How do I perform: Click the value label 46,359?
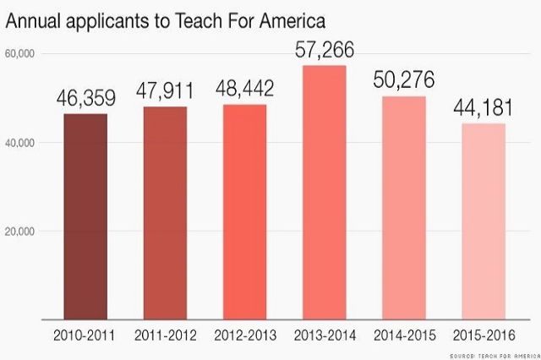tap(86, 98)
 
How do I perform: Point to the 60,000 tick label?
tap(19, 54)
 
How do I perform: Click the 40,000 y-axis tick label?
tap(19, 143)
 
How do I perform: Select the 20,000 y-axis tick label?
tap(19, 232)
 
